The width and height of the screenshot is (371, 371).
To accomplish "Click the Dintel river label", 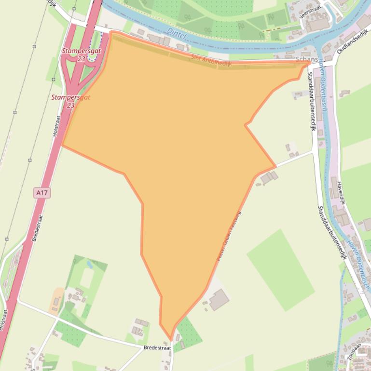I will pos(176,34).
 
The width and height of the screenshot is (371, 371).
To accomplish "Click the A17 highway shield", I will pos(42,193).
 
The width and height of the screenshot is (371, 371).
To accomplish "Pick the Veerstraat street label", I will pos(310,10).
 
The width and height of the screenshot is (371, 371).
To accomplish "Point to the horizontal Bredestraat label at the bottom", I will pos(157,347).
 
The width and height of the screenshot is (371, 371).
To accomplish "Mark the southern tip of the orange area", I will pos(170,339).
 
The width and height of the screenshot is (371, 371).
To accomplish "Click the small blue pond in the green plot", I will pos(89,264).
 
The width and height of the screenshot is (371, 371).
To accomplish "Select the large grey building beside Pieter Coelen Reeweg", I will pos(219,300).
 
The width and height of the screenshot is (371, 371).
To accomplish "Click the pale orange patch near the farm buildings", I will pos(57,299).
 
